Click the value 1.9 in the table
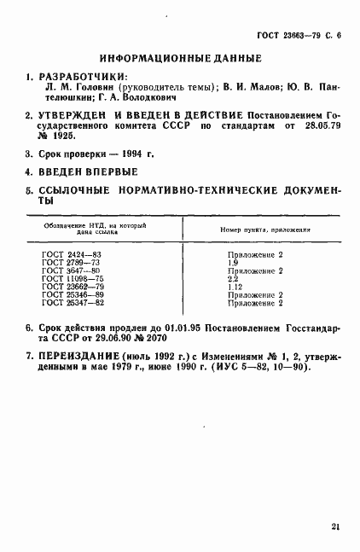(x=233, y=263)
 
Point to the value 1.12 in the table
(x=235, y=286)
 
